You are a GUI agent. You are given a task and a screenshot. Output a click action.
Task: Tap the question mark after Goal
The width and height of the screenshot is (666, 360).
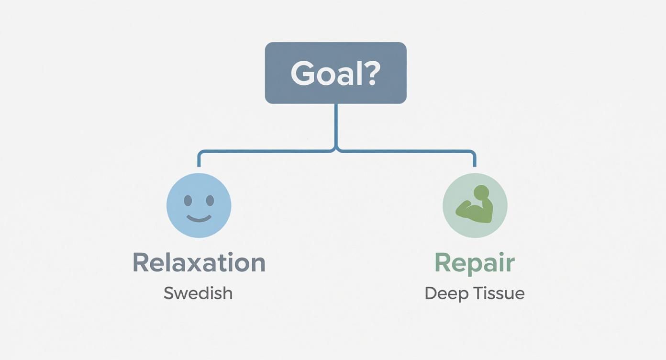370,73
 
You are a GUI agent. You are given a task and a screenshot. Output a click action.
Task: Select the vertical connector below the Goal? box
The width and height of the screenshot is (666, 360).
336,124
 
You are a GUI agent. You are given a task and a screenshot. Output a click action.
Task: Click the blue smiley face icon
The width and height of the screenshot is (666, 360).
199,205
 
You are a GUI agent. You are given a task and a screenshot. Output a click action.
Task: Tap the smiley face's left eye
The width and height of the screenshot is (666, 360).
188,200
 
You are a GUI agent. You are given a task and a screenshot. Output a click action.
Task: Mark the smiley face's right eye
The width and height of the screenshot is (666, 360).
209,200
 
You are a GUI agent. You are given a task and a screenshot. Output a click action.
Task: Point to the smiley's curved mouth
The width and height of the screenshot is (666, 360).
199,219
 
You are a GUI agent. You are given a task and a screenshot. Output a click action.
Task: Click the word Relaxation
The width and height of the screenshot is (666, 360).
199,263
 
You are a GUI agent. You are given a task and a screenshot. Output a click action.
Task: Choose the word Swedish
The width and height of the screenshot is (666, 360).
198,293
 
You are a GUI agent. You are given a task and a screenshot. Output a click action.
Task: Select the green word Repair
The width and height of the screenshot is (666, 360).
474,263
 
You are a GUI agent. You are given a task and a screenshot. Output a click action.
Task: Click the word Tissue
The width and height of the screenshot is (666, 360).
500,293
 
